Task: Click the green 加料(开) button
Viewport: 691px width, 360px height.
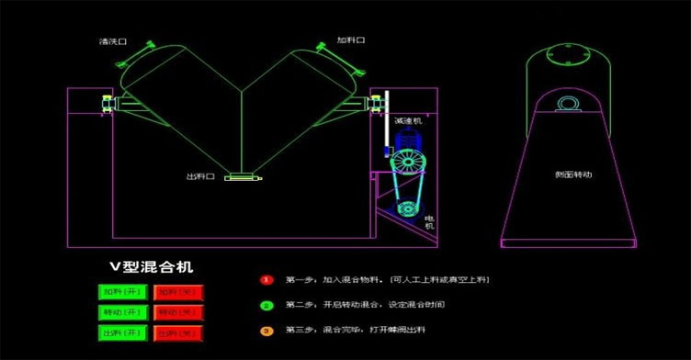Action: pyautogui.click(x=121, y=292)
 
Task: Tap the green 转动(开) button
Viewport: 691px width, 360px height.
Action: pyautogui.click(x=121, y=312)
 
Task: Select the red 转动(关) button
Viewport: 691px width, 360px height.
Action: pyautogui.click(x=178, y=312)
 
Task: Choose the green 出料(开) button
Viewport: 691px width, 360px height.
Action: pyautogui.click(x=121, y=332)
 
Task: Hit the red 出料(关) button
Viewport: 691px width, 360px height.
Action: pyautogui.click(x=178, y=332)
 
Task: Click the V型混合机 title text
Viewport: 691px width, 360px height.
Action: pyautogui.click(x=152, y=267)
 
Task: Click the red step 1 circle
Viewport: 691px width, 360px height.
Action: pyautogui.click(x=266, y=278)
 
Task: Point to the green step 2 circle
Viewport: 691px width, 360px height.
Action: pyautogui.click(x=266, y=304)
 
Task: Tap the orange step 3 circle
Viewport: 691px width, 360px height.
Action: pyautogui.click(x=266, y=330)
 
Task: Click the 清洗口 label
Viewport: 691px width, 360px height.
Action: pyautogui.click(x=112, y=41)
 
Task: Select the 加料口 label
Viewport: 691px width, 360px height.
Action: pyautogui.click(x=351, y=40)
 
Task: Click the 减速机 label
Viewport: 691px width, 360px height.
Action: pyautogui.click(x=406, y=121)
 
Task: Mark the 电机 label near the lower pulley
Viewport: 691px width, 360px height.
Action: pyautogui.click(x=429, y=221)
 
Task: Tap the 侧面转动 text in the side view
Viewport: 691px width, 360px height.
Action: pyautogui.click(x=573, y=174)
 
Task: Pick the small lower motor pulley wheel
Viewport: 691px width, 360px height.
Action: pyautogui.click(x=403, y=208)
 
